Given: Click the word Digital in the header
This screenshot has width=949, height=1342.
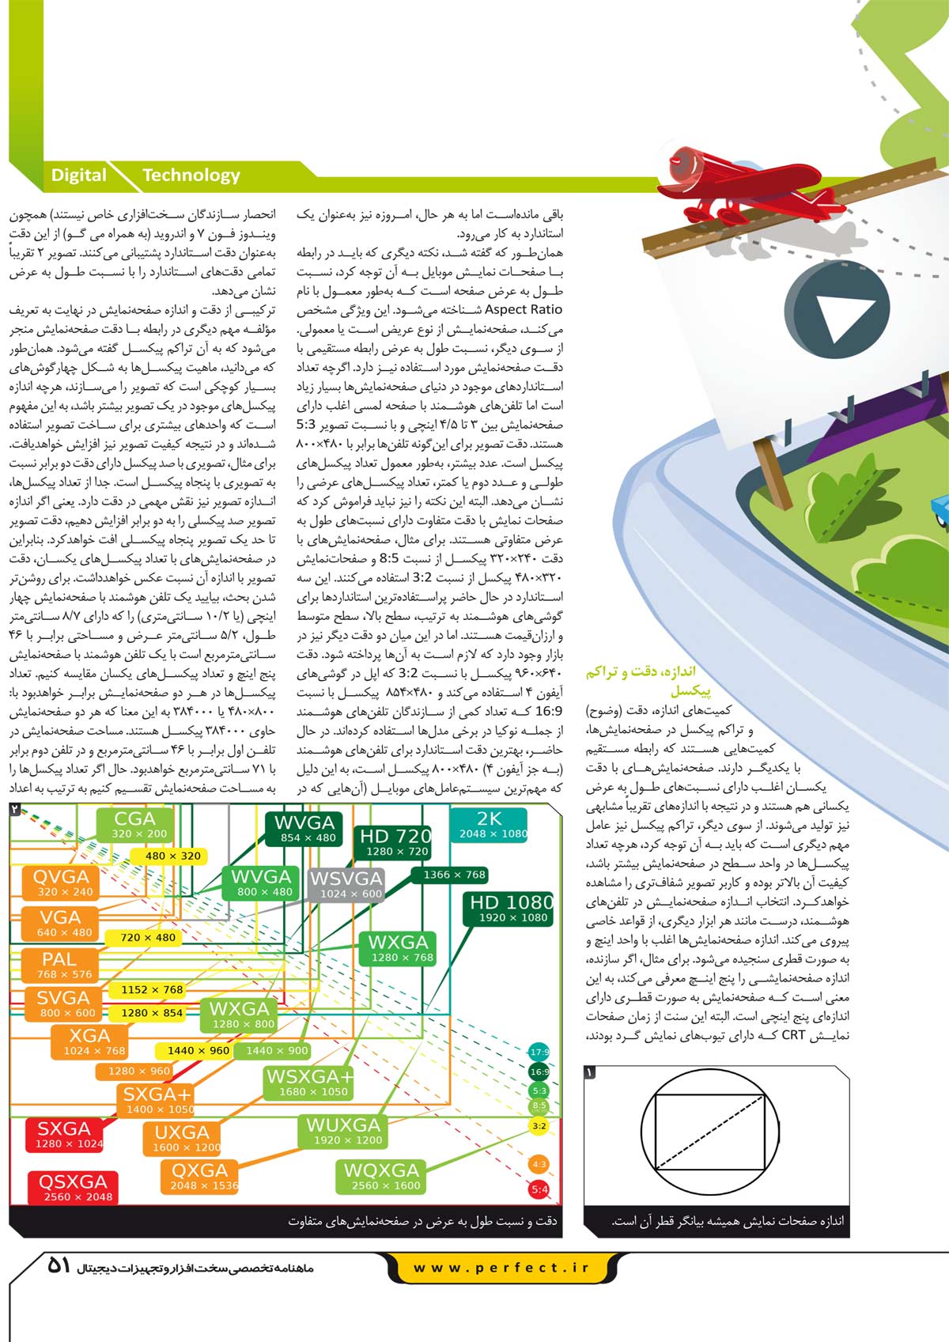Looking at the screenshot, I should [x=78, y=176].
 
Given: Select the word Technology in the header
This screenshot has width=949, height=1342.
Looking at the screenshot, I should [x=191, y=176].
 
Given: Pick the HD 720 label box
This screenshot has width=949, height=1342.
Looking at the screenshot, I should [x=396, y=842].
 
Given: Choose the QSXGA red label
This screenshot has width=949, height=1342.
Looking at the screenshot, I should [x=74, y=1187].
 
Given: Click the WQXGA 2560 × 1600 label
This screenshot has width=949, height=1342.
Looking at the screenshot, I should [x=381, y=1176].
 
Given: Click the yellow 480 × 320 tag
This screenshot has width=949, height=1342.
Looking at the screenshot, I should [x=172, y=856].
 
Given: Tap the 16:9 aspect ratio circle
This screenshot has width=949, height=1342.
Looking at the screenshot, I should [x=539, y=1072].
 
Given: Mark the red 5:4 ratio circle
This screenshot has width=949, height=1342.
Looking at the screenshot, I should [x=539, y=1189].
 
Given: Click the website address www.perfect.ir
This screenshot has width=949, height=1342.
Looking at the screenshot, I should [x=501, y=1267].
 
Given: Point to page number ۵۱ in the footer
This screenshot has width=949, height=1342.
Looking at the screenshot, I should [x=59, y=1265].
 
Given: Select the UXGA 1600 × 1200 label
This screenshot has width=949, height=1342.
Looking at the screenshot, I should [x=183, y=1138].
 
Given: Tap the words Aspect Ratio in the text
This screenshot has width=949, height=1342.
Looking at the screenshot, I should [x=524, y=310].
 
